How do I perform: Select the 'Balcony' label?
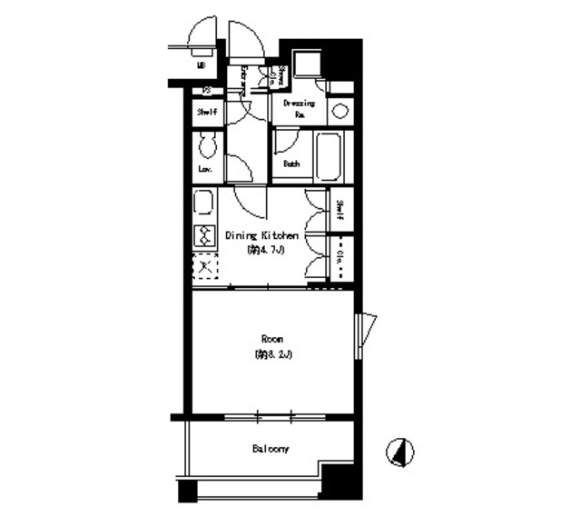pos(270,449)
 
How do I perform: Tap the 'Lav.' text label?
pos(205,170)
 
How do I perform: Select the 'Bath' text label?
pos(291,164)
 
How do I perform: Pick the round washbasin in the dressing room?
pos(340,111)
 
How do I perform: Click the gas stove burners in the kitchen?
pos(203,235)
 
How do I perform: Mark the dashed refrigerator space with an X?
pos(203,267)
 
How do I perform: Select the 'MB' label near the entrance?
pos(201,65)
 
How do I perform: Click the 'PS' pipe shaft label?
pos(207,90)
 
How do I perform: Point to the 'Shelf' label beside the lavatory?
pos(207,113)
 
